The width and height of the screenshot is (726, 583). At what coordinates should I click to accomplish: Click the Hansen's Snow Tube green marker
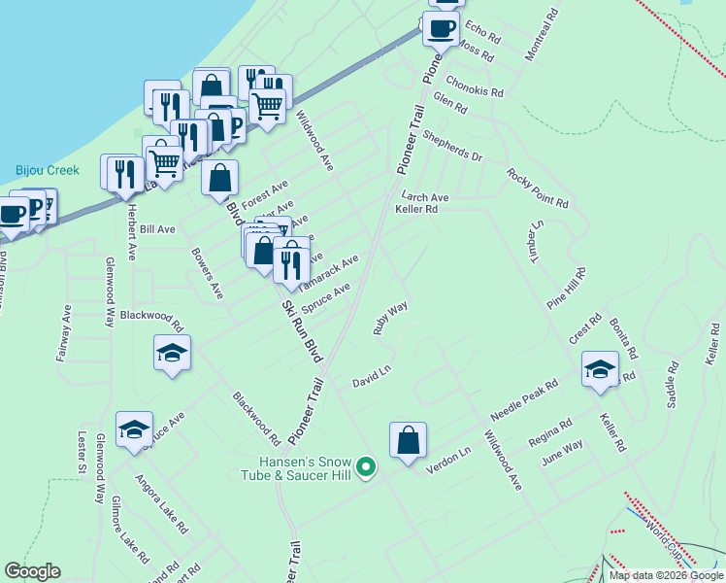point(366,468)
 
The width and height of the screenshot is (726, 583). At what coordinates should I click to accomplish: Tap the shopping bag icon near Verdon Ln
point(409,439)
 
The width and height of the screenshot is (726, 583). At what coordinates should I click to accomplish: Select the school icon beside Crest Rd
point(601,369)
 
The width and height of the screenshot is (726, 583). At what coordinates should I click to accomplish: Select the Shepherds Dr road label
point(451,149)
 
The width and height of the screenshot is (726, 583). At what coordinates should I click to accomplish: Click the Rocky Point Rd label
point(537,188)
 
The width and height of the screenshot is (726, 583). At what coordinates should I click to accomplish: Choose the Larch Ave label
point(425,197)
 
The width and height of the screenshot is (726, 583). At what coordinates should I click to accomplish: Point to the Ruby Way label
point(390,318)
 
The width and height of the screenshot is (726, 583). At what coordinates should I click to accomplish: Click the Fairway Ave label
point(63,333)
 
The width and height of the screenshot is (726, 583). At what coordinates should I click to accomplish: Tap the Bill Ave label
point(157,229)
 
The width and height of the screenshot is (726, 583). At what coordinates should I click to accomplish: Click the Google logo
point(32,571)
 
